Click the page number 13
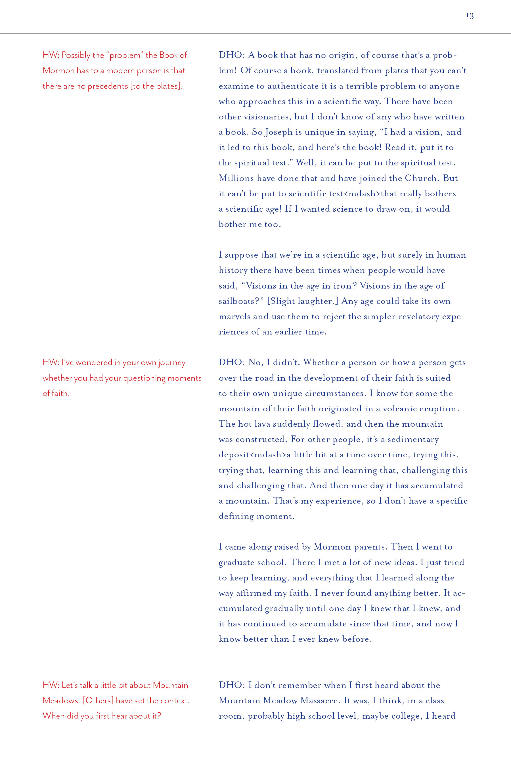click(470, 16)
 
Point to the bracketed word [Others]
click(98, 700)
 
